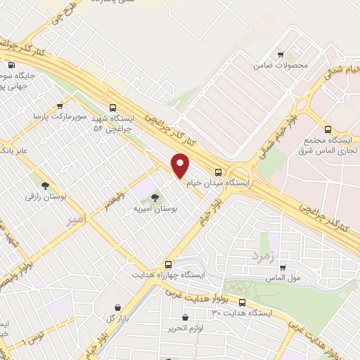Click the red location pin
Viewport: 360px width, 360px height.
[x=181, y=165]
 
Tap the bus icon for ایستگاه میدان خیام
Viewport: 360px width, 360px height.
[x=219, y=172]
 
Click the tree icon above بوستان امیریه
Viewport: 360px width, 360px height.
[x=155, y=198]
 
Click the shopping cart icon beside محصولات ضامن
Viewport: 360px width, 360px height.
[x=281, y=55]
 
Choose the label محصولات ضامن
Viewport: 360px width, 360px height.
[x=281, y=65]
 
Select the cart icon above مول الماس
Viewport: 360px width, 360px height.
[x=283, y=268]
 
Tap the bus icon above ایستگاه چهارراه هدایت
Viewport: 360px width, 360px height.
[x=167, y=262]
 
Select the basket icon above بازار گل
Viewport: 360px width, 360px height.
[x=117, y=307]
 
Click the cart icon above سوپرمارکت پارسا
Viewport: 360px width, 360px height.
[x=59, y=106]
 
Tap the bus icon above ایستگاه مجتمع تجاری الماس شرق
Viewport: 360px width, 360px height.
[x=328, y=129]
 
